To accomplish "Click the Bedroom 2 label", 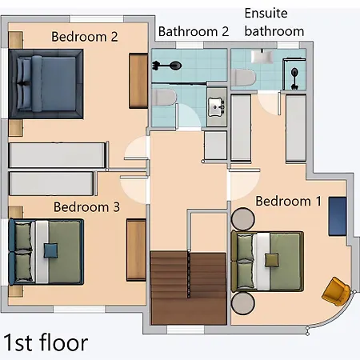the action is pos(85,37).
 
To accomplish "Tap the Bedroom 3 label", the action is pos(86,207).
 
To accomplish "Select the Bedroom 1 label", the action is pos(289,201).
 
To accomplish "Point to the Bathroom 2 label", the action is pos(194,31).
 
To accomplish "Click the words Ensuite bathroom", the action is pos(274,22).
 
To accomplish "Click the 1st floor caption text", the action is pos(46,342).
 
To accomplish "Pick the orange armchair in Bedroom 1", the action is pos(336,291).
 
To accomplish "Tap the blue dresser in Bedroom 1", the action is pos(338,216).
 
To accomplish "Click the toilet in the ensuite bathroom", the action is pos(243,78).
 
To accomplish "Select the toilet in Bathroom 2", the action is pos(164,97).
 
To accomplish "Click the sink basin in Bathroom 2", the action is pos(216,107).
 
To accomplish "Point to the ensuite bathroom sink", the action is pos(262,57).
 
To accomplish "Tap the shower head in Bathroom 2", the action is pos(175,66).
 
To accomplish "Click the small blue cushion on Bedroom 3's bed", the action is pos(50,250).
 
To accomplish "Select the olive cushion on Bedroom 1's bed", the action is pos(272,260).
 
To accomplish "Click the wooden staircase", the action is pos(189,287).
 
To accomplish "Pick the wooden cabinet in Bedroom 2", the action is pos(138,81).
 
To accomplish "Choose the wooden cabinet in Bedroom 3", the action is pos(136,250).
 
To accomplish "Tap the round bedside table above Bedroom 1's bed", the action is pos(242,219).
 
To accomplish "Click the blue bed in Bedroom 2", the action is pos(46,84).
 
